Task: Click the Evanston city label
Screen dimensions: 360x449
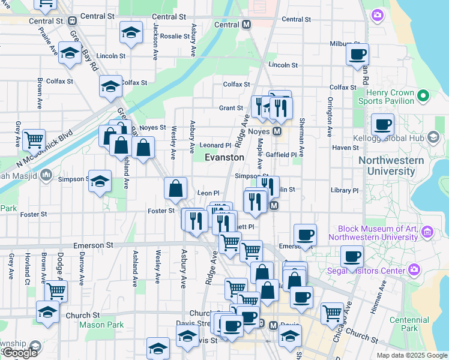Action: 224,157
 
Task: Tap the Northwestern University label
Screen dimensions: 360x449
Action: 391,166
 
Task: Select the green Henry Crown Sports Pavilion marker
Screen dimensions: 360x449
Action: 423,95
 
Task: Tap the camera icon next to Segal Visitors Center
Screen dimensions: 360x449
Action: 414,270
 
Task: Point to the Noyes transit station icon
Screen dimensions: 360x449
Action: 277,131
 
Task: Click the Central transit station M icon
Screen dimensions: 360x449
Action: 246,25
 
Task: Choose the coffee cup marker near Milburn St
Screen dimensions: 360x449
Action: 358,55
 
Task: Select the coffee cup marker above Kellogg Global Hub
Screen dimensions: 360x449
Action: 382,125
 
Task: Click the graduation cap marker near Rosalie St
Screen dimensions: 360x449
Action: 130,34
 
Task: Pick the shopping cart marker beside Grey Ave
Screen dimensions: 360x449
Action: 34,140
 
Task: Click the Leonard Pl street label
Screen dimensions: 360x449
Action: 215,145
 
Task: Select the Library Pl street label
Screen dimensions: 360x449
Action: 344,190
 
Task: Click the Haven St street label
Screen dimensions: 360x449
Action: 345,148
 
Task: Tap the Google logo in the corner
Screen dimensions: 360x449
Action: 20,353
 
